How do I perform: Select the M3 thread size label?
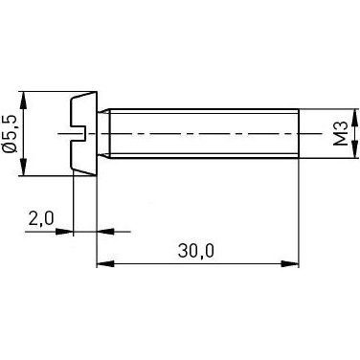(x=339, y=133)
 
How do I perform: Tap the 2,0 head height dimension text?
(x=40, y=219)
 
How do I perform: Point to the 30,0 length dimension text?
(x=197, y=250)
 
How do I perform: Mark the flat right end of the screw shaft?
(x=299, y=133)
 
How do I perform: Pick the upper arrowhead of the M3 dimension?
(x=355, y=115)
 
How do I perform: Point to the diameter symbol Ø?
(x=11, y=148)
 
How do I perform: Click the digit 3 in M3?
(x=339, y=124)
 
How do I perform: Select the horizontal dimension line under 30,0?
(x=197, y=261)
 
